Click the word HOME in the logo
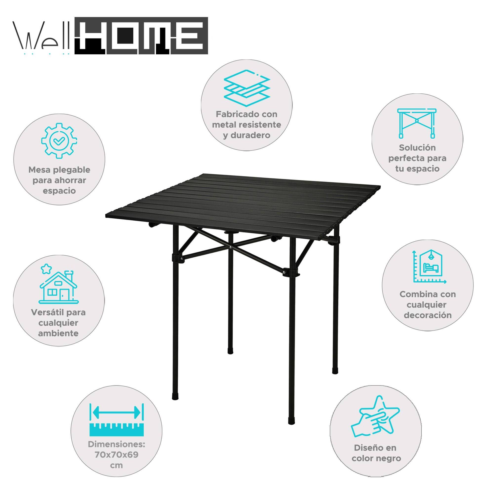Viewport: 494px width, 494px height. click(x=141, y=36)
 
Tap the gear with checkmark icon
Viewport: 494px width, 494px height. click(x=59, y=141)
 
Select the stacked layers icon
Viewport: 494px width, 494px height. click(x=247, y=88)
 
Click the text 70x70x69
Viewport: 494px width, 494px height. click(x=117, y=455)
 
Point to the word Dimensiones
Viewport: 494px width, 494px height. click(x=117, y=444)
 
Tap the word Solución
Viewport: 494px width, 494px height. click(x=417, y=148)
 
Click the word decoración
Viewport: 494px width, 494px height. click(x=428, y=315)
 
